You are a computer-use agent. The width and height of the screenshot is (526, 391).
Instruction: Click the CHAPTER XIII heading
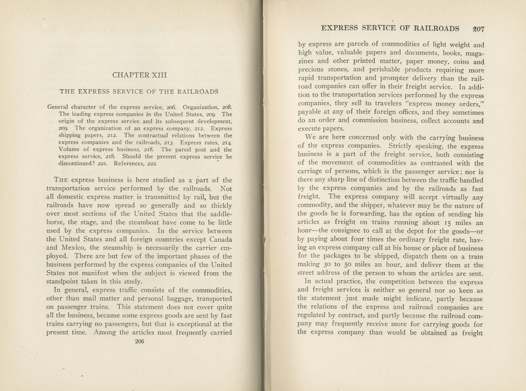click(139, 75)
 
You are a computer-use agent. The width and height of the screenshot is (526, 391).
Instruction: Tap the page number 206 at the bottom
click(139, 341)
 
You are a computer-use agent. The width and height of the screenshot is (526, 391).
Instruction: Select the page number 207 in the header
click(478, 29)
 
